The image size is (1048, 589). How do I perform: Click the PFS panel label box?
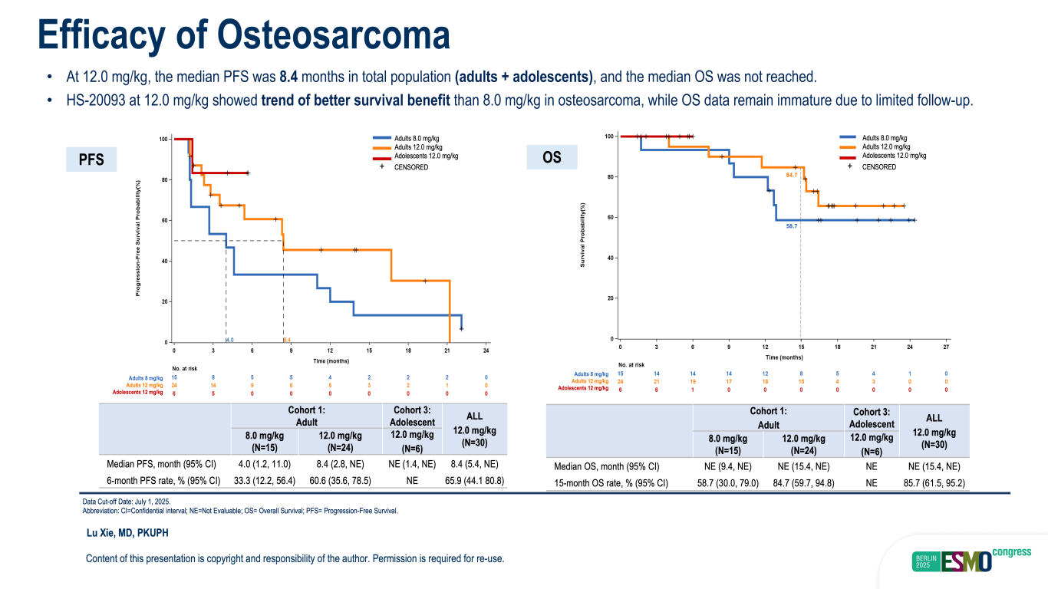[91, 160]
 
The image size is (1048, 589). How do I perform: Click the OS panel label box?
[552, 158]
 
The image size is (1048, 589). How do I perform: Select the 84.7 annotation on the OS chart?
[792, 176]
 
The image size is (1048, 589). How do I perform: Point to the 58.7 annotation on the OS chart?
[792, 226]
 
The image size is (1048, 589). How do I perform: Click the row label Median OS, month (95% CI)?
[607, 466]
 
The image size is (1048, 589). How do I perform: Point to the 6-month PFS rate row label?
[163, 482]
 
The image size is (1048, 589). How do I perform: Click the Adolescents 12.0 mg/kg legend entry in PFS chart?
[426, 156]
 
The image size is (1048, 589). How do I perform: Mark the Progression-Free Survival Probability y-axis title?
[138, 239]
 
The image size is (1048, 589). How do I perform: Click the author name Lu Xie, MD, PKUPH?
[127, 533]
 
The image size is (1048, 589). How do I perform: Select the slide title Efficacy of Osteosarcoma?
[244, 35]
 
